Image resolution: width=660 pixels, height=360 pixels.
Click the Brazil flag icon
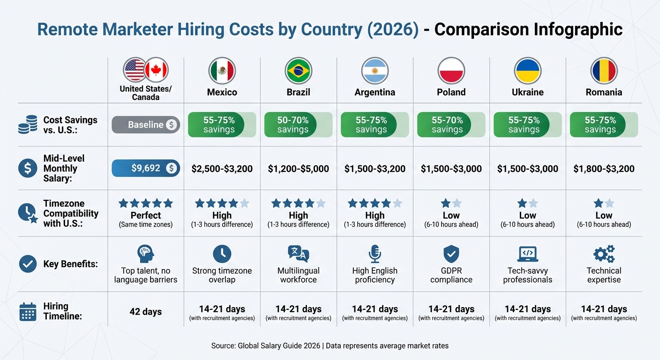[298, 71]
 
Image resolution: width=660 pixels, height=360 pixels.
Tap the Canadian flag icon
[156, 70]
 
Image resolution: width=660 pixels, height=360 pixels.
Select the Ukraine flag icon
[527, 71]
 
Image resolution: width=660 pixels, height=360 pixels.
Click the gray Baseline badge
[146, 125]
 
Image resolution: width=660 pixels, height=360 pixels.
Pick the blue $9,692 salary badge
[146, 168]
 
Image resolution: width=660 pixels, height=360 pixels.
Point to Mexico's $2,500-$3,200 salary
[222, 169]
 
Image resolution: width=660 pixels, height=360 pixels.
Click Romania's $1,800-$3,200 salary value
[604, 169]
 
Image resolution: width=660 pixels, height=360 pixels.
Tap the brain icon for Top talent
[146, 254]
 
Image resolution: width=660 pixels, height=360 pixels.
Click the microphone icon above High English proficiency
[375, 254]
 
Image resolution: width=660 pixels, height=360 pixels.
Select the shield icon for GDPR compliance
[451, 254]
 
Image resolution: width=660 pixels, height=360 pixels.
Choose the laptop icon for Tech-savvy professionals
[527, 254]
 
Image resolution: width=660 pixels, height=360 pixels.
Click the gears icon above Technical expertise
[604, 254]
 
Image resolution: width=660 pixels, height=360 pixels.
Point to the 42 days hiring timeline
[146, 311]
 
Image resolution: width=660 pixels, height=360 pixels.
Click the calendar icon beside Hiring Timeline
[28, 311]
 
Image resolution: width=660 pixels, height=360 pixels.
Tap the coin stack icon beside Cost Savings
[28, 125]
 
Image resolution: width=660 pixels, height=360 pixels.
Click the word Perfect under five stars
[146, 216]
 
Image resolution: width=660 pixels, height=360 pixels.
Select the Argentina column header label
[375, 92]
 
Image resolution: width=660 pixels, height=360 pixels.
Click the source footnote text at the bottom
[330, 346]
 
